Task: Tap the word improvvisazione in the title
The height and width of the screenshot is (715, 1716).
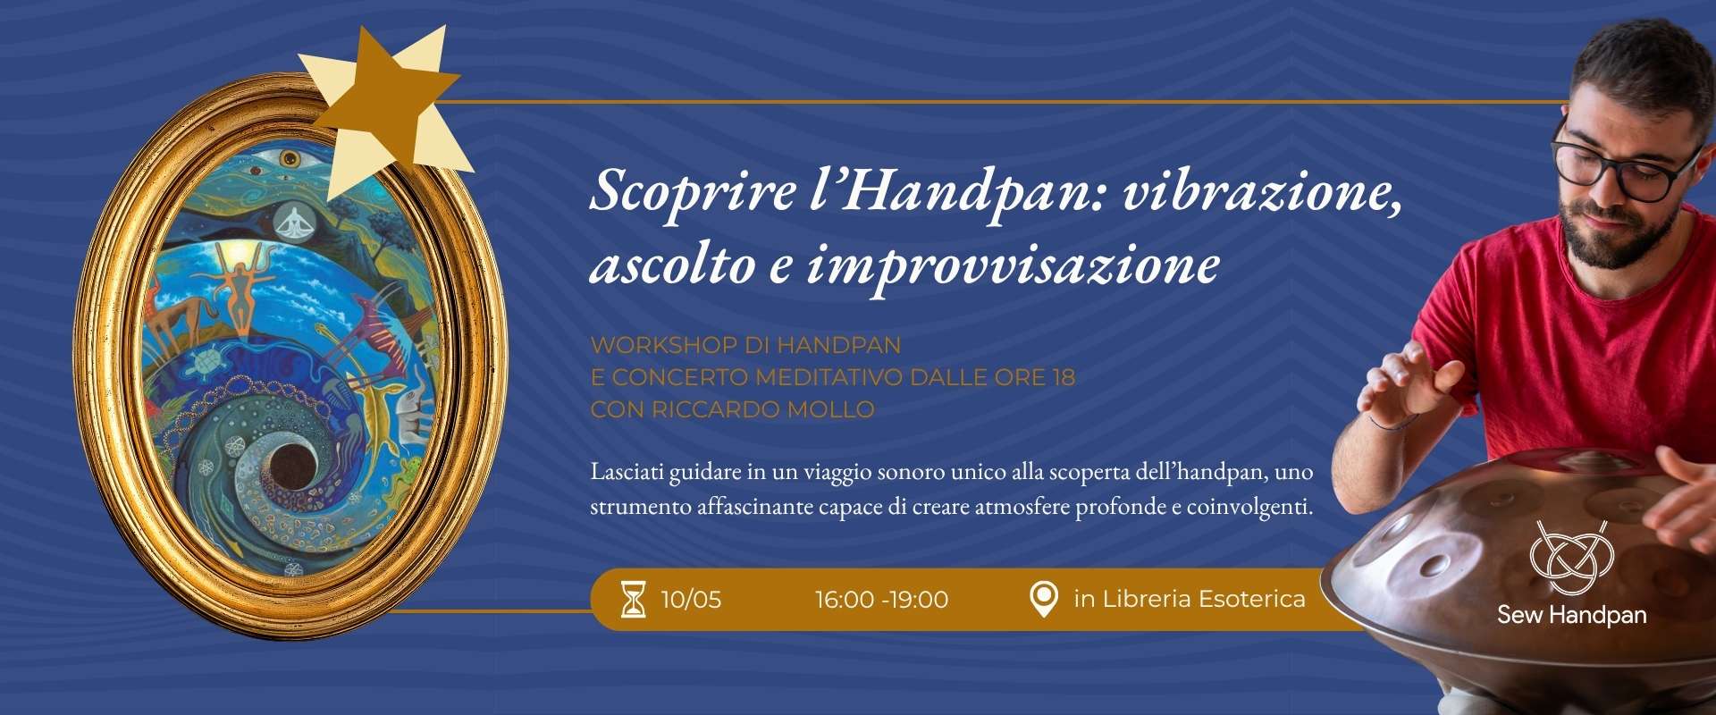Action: pyautogui.click(x=1014, y=266)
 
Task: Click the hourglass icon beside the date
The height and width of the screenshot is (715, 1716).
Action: pyautogui.click(x=633, y=599)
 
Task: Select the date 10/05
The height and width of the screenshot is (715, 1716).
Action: pyautogui.click(x=691, y=599)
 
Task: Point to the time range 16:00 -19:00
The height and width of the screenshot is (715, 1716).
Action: pyautogui.click(x=881, y=599)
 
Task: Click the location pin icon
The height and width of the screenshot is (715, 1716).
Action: pyautogui.click(x=1043, y=599)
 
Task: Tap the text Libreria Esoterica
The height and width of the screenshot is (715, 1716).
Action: pyautogui.click(x=1204, y=599)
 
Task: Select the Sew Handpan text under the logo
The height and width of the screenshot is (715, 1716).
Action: pyautogui.click(x=1572, y=615)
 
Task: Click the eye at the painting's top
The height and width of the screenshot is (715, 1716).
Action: pyautogui.click(x=290, y=158)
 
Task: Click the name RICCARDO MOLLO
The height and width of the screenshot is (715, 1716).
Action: pyautogui.click(x=762, y=409)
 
